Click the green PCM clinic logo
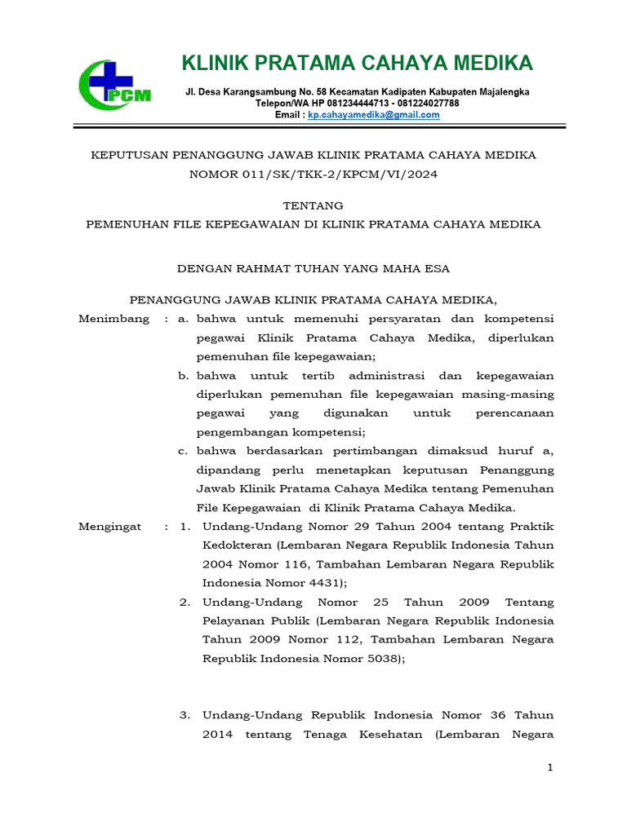pos(115,85)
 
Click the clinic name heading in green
pos(357,63)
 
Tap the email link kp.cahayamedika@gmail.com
pos(373,115)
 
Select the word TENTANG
pos(313,205)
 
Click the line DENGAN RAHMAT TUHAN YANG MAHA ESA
pos(313,267)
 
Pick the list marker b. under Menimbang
pos(184,376)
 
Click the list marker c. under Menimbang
pos(184,451)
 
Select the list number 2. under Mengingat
pos(185,603)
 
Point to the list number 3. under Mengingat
pos(185,715)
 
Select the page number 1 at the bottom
pos(550,768)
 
